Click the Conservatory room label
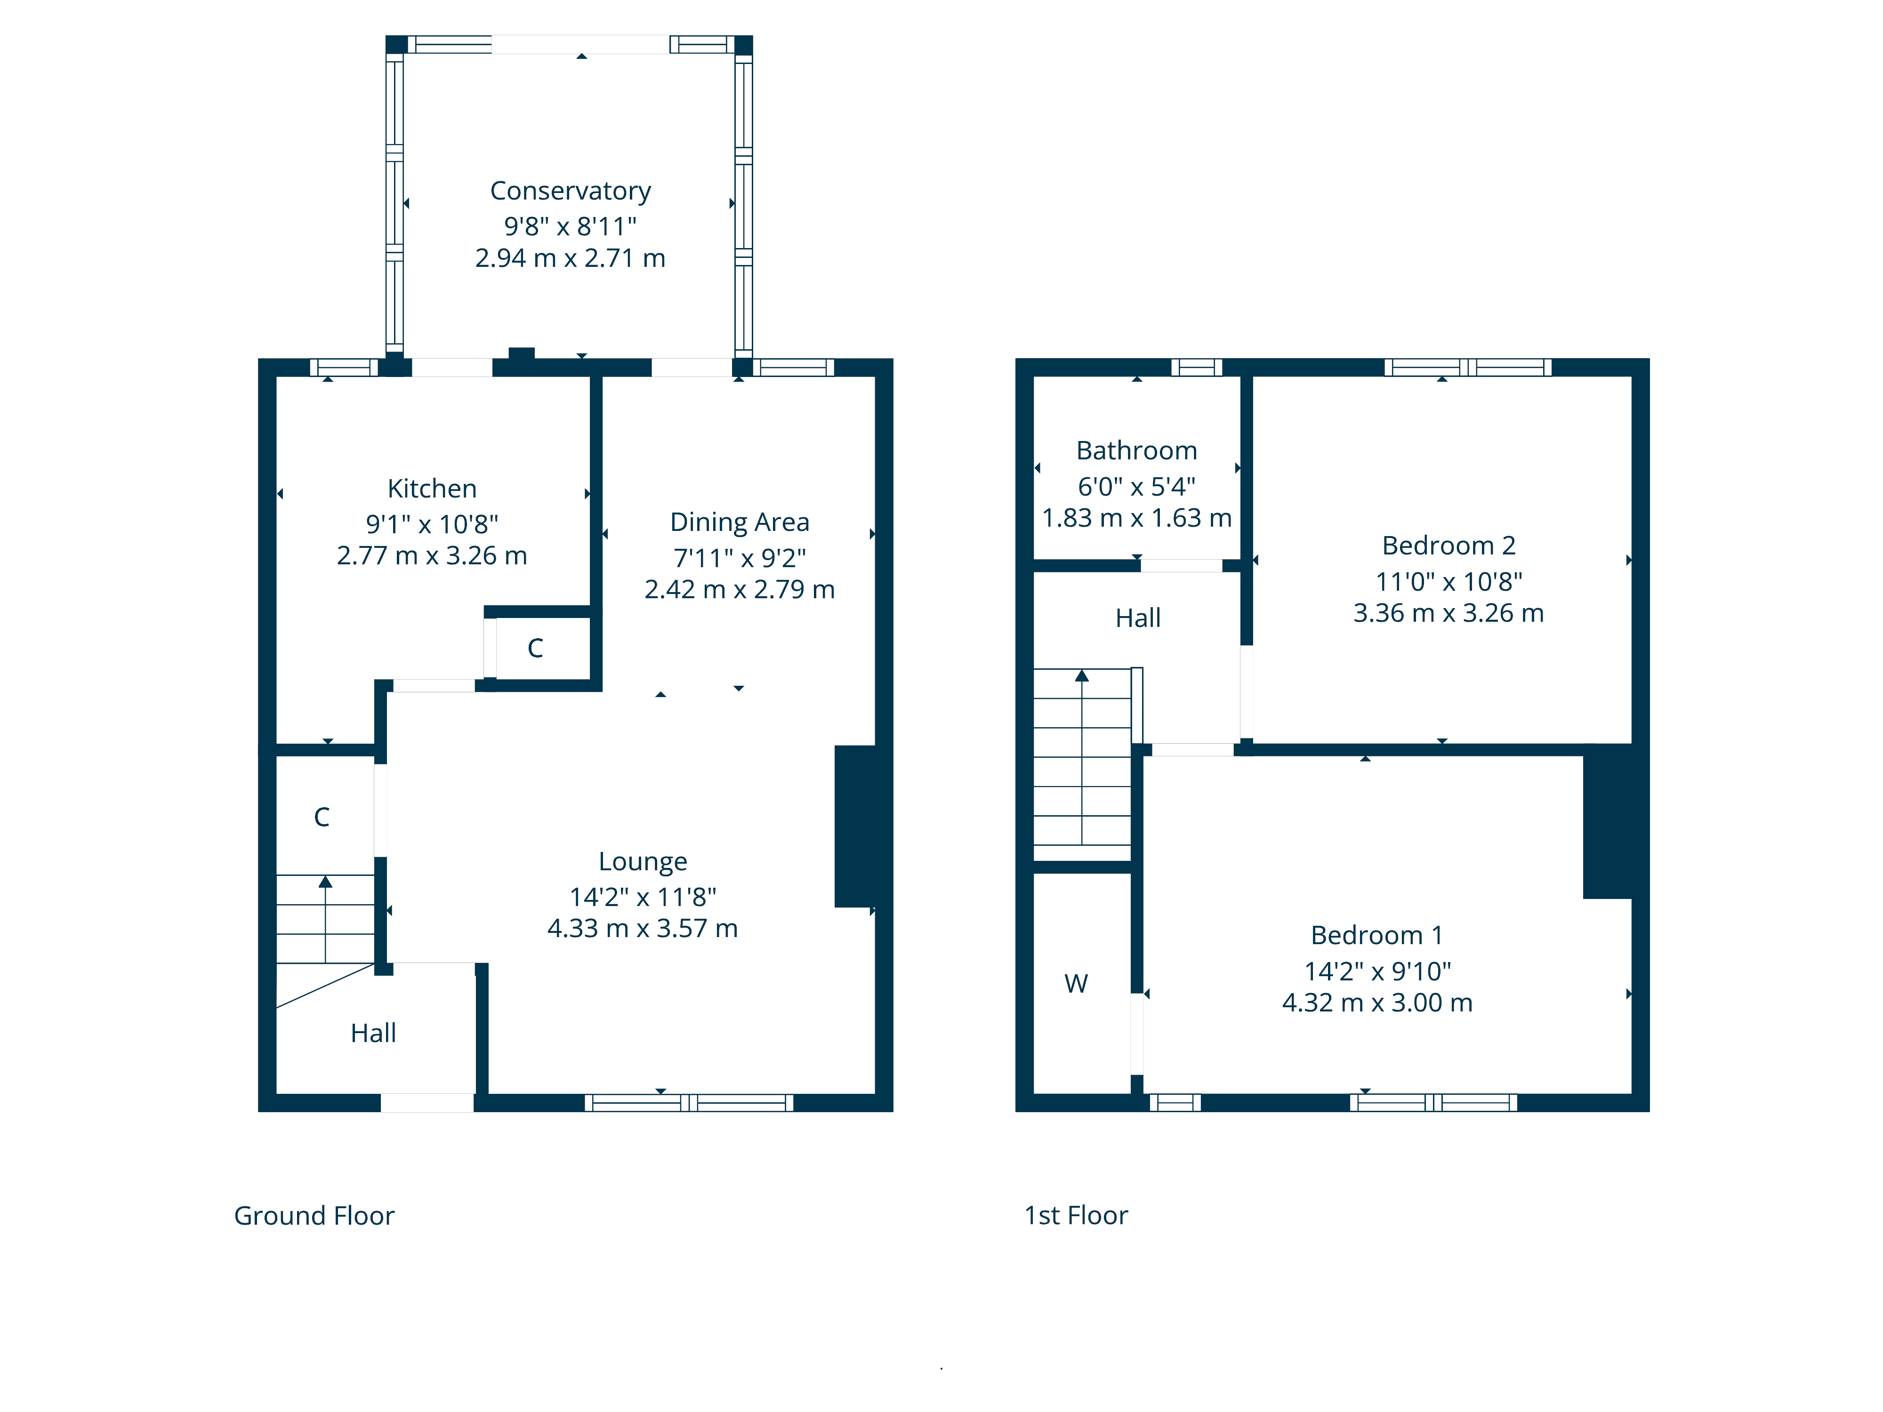(x=571, y=191)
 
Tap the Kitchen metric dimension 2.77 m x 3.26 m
(x=432, y=556)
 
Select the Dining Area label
(x=740, y=521)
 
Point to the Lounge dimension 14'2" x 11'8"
(x=643, y=897)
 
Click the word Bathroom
(x=1136, y=450)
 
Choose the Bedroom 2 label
(x=1449, y=546)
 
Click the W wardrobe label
(x=1076, y=984)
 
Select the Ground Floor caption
(x=314, y=1215)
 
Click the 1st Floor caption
(x=1076, y=1215)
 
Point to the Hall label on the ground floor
(x=373, y=1033)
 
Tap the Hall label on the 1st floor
(x=1138, y=618)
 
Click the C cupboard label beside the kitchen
(x=535, y=649)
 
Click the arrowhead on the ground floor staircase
(x=325, y=882)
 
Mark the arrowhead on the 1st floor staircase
(x=1082, y=676)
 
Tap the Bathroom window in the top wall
(x=1196, y=368)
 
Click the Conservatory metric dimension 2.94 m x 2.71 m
(x=571, y=258)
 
